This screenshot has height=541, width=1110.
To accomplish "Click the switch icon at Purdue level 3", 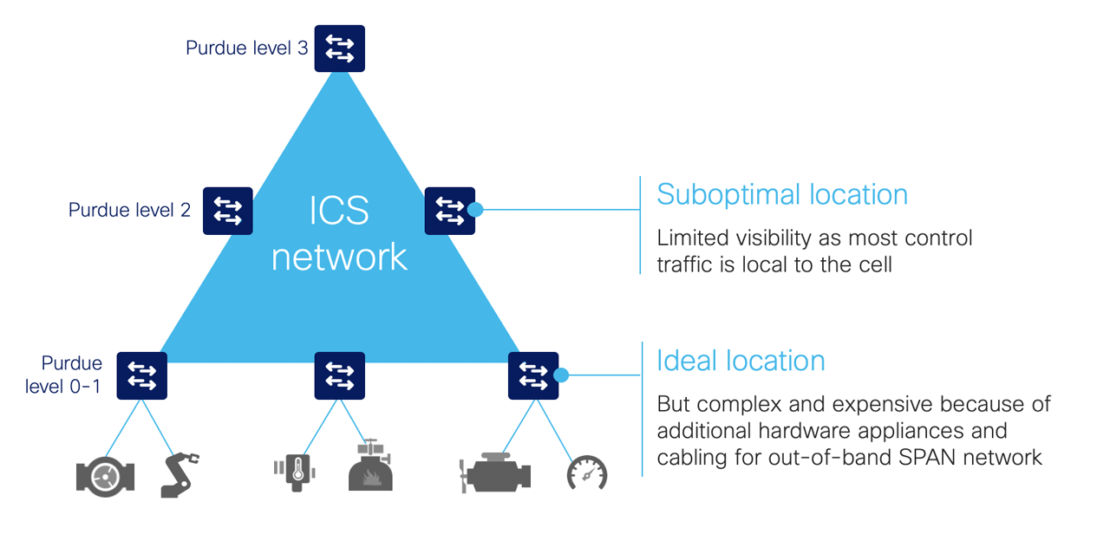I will point(339,48).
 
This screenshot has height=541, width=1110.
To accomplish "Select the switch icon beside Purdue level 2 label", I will point(227,211).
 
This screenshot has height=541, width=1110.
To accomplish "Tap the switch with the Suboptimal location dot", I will point(449,211).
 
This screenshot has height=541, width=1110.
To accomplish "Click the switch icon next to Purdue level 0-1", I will point(141,375).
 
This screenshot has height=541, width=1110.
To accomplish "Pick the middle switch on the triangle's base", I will point(339,375).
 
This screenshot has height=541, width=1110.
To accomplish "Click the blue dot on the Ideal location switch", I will point(561,375).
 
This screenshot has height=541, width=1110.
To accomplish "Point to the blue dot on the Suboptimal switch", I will point(475,209).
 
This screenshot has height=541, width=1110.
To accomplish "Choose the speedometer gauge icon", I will point(587,474).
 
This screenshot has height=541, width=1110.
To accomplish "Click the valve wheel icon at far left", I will point(105,475).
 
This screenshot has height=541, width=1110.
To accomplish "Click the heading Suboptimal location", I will point(781,194).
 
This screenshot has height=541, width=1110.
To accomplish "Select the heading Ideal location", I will point(741,360).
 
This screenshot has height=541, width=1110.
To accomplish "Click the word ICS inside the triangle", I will point(339,212).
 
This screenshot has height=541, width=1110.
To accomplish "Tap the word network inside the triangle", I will point(339,257).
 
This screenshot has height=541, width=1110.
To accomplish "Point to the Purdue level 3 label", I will point(246,48).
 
